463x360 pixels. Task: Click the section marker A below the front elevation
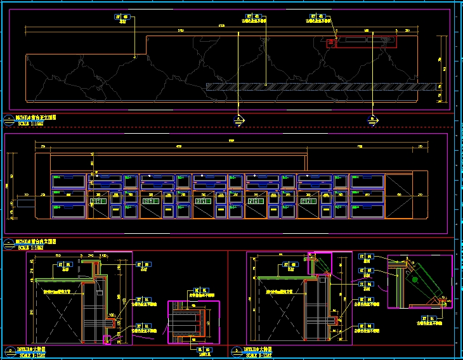238,119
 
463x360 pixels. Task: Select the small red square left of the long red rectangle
330,43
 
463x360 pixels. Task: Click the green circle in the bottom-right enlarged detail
414,279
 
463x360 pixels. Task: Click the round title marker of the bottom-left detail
10,350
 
